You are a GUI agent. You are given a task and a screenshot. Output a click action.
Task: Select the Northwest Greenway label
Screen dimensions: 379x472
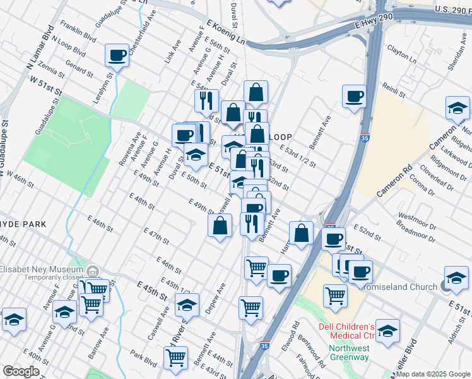pyautogui.click(x=348, y=352)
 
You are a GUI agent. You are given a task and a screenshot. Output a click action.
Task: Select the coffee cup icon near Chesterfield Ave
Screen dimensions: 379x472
pyautogui.click(x=117, y=56)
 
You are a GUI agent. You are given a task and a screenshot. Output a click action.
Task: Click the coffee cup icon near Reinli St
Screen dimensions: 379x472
pyautogui.click(x=354, y=96)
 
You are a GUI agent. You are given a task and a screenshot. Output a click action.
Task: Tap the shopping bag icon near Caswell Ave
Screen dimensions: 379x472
pyautogui.click(x=220, y=226)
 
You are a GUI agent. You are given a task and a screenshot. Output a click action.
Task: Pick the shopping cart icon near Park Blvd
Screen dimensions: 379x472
pyautogui.click(x=175, y=357)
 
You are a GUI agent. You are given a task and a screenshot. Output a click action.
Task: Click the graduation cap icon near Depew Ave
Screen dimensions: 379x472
pyautogui.click(x=187, y=305)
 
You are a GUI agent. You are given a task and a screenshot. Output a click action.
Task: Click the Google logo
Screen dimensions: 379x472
pyautogui.click(x=21, y=371)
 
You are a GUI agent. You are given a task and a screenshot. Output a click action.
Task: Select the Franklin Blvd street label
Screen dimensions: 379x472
pyautogui.click(x=78, y=33)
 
